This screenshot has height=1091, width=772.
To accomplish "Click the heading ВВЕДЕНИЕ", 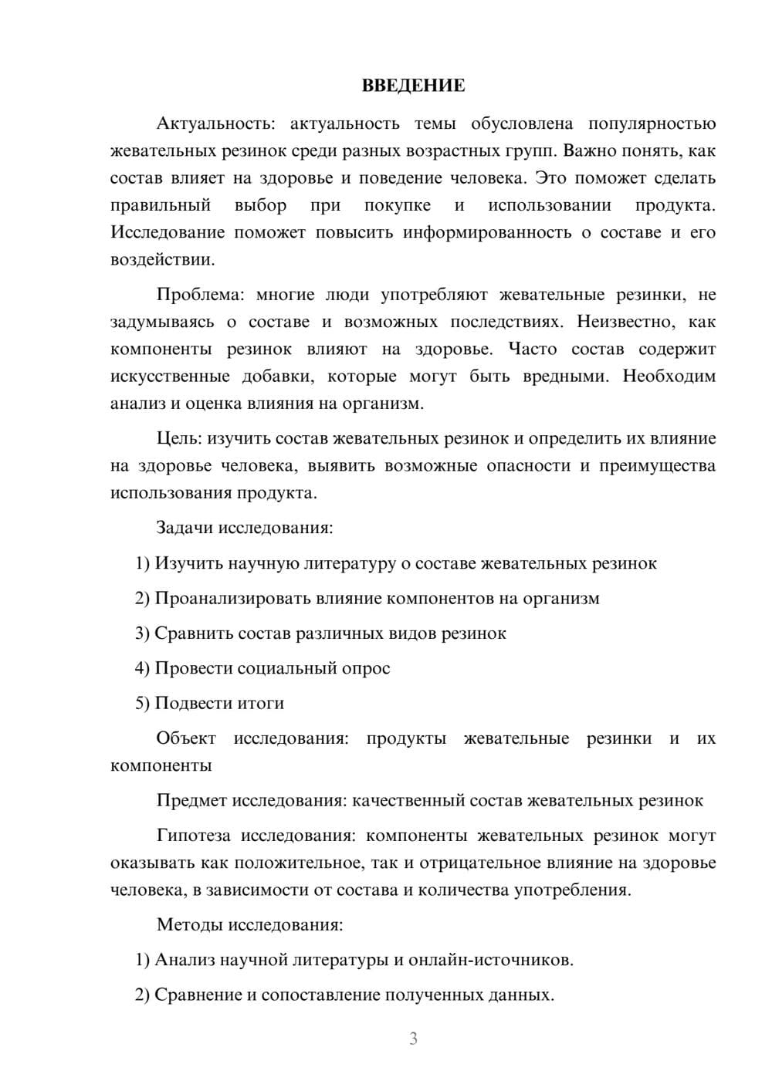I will coord(413,86).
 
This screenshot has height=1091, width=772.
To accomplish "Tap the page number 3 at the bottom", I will coord(413,1039).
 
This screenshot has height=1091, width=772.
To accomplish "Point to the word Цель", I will coord(179,438).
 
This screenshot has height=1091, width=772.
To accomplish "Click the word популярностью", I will coord(652,123).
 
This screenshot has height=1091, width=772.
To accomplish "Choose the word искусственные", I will coord(170,376).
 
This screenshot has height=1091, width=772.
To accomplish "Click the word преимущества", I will coord(657,465).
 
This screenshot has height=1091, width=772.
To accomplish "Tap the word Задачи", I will coord(185,528).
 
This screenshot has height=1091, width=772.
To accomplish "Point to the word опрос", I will coord(365,668).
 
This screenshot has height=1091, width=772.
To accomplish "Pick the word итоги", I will coord(262,703).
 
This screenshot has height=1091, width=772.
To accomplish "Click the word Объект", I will coord(186,738).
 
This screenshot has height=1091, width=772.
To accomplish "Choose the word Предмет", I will coord(191,800).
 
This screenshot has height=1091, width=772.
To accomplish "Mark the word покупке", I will coord(397,205).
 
